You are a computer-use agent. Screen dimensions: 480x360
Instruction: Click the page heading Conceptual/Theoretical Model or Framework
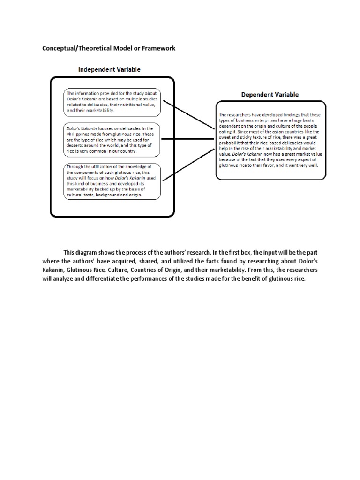click(x=109, y=48)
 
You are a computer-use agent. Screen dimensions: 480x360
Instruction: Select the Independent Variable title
click(x=109, y=69)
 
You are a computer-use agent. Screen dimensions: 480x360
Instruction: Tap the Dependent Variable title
click(x=270, y=94)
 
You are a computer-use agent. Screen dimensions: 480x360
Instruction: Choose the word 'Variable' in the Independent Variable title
click(x=127, y=69)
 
